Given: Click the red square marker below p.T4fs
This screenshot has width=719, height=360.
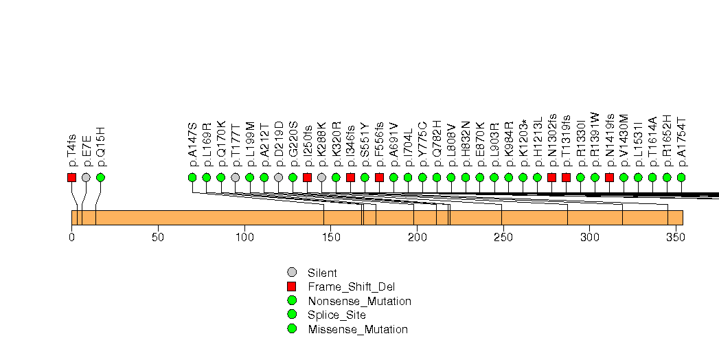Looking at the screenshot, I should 71,177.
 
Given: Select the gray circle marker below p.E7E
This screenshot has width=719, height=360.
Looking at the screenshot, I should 86,177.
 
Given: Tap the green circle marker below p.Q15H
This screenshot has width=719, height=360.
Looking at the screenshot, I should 100,177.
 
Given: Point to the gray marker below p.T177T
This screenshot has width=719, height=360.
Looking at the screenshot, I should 236,177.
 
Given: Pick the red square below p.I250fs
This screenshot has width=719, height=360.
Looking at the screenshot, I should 307,177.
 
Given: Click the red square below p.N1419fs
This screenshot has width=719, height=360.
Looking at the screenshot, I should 609,177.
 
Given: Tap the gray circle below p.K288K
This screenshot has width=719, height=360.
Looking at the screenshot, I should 321,177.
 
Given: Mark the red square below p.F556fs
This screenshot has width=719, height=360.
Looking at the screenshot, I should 379,177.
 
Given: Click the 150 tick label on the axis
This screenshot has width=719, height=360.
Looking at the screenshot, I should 330,238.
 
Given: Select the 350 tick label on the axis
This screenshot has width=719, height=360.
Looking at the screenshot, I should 676,238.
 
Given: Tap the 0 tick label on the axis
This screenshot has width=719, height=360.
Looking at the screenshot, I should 71,238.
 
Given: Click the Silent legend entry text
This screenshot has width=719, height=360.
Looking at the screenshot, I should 322,273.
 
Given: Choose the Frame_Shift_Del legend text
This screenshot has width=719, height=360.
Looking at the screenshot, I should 352,286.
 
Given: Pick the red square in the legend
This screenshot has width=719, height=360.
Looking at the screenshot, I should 292,286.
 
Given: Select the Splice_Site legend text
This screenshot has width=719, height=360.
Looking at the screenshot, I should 336,315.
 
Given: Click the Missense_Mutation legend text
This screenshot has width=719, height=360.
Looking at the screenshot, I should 358,329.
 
